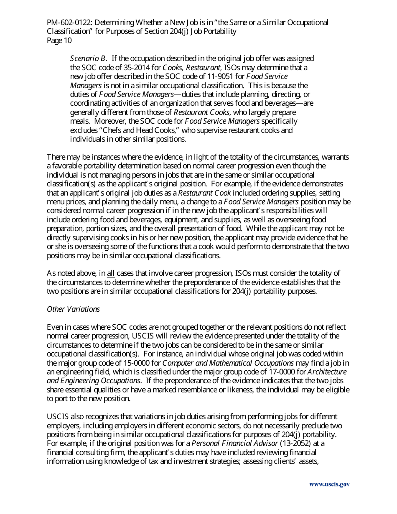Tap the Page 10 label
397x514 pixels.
[x=59, y=41]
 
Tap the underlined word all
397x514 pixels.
[x=111, y=274]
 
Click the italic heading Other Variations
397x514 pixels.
[x=73, y=309]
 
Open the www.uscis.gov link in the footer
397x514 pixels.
[x=329, y=485]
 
